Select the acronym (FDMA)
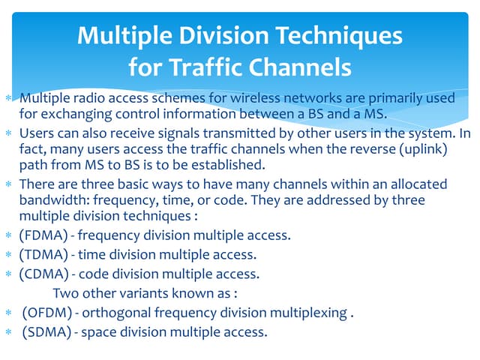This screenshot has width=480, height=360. (43, 235)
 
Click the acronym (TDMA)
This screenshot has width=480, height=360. (43, 255)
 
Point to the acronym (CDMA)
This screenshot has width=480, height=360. (43, 274)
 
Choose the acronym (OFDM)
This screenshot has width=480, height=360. (47, 313)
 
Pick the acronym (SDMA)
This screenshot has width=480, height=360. (46, 331)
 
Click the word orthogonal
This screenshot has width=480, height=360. (117, 313)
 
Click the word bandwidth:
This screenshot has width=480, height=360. (55, 200)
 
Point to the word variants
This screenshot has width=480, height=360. (144, 293)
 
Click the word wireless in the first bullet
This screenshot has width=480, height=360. (255, 98)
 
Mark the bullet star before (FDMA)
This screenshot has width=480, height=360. (8, 235)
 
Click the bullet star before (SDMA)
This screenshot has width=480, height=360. (8, 331)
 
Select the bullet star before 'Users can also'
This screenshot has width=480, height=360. (8, 133)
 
